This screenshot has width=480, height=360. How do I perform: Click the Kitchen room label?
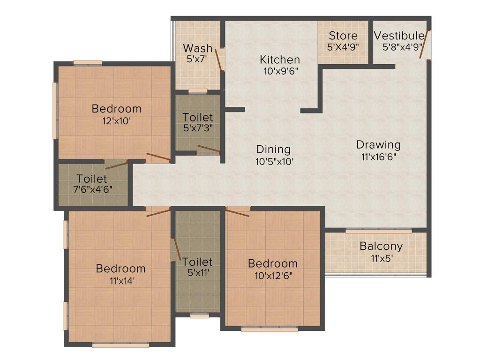[280, 60]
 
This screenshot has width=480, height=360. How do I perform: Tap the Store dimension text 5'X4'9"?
[343, 47]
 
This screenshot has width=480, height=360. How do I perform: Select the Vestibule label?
[399, 36]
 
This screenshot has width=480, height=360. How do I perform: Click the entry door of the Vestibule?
[425, 45]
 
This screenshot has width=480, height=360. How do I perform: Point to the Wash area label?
[197, 48]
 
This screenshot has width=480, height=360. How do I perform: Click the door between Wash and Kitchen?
[218, 59]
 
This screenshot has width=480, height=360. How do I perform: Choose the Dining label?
[273, 150]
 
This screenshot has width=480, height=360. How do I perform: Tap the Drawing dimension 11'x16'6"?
[378, 157]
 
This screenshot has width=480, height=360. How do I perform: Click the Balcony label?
[381, 246]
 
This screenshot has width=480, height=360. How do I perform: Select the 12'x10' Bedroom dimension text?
[116, 120]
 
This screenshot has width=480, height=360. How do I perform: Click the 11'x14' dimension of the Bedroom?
[120, 281]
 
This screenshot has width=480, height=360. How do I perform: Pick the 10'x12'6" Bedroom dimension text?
[273, 276]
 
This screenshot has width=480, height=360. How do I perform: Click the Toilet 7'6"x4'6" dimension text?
[92, 190]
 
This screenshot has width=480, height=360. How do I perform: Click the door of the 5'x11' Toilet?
[176, 249]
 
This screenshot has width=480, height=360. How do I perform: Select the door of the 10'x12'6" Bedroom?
[237, 213]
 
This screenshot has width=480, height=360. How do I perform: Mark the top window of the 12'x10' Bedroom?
[88, 62]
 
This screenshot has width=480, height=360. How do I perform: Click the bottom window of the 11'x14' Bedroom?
[120, 345]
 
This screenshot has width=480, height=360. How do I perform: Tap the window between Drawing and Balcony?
[379, 230]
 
